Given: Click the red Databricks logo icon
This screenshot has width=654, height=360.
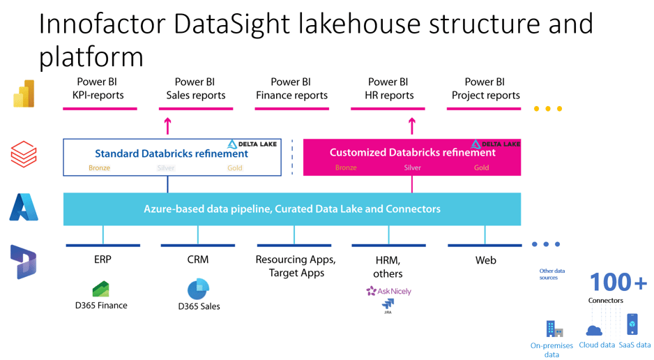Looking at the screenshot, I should (24, 154).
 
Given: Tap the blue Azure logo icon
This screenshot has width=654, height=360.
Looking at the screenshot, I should (24, 207).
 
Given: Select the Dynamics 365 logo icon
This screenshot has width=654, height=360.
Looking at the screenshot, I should (24, 262).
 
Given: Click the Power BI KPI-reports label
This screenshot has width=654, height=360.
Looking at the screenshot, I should (98, 89).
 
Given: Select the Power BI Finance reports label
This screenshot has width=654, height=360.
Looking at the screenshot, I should (291, 89).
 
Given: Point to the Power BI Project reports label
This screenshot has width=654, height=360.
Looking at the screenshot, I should (485, 89).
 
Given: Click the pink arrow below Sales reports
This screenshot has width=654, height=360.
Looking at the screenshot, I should (167, 126).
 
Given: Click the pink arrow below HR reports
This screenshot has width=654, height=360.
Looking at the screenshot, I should (411, 126).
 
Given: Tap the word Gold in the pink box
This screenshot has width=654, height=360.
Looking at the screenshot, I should (481, 167).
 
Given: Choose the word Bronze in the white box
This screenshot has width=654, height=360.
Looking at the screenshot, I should (99, 167).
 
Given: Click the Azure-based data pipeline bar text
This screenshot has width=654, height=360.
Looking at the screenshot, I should (291, 209).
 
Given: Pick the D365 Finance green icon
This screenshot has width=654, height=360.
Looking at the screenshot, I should (101, 289).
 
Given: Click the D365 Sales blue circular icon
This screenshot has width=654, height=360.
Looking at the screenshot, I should (198, 289).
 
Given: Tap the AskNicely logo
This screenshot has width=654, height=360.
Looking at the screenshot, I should (388, 291).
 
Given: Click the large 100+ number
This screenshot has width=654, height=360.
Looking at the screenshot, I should (618, 283).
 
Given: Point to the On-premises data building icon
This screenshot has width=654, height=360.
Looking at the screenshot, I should (554, 329).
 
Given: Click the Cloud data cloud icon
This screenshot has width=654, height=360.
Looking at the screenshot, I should (594, 330).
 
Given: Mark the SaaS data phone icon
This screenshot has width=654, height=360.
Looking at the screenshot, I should (632, 324).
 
